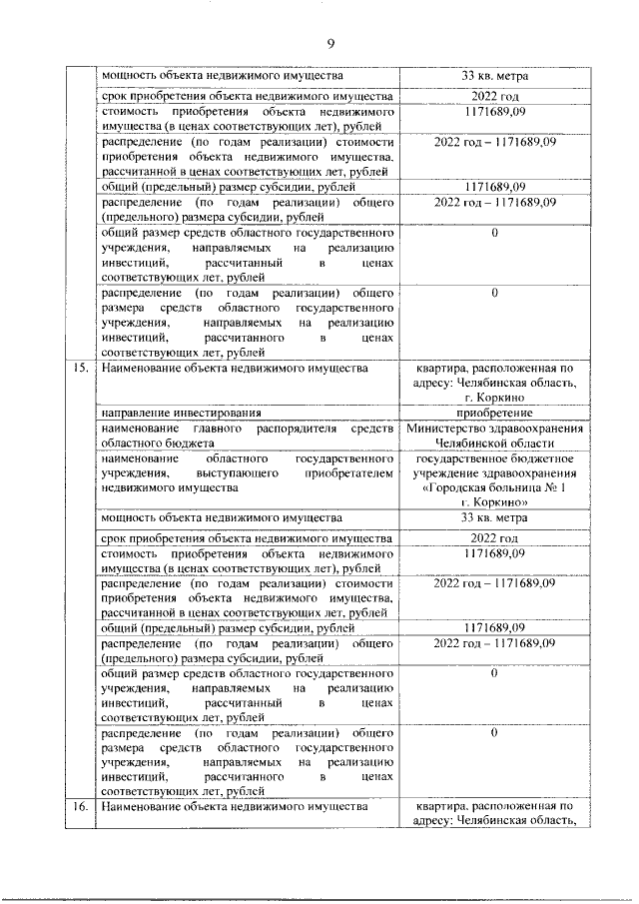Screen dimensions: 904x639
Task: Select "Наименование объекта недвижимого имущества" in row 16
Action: coord(235,805)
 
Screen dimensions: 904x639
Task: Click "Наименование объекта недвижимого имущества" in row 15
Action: coord(235,370)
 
